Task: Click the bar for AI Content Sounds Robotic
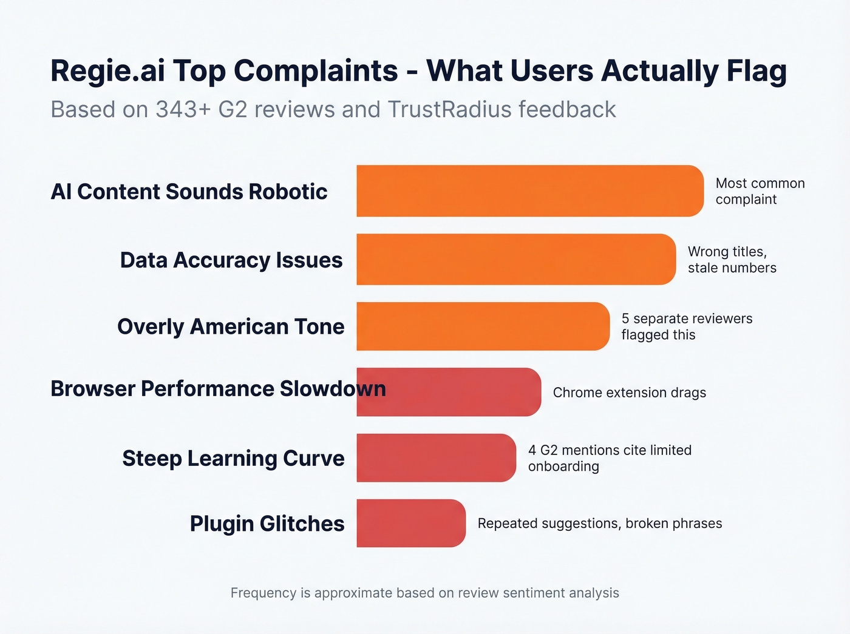[529, 191]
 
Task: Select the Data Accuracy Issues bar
[516, 259]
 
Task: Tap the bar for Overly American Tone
[483, 326]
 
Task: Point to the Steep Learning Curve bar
[436, 458]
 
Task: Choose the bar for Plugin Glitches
[411, 523]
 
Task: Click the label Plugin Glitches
[267, 524]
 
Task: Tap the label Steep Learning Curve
[233, 458]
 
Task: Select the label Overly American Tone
[231, 326]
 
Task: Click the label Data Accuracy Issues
[231, 260]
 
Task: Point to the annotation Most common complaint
[760, 191]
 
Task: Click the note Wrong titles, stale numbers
[732, 260]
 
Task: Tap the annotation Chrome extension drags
[630, 393]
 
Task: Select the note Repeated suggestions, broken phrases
[600, 524]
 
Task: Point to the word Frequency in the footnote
[263, 593]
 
